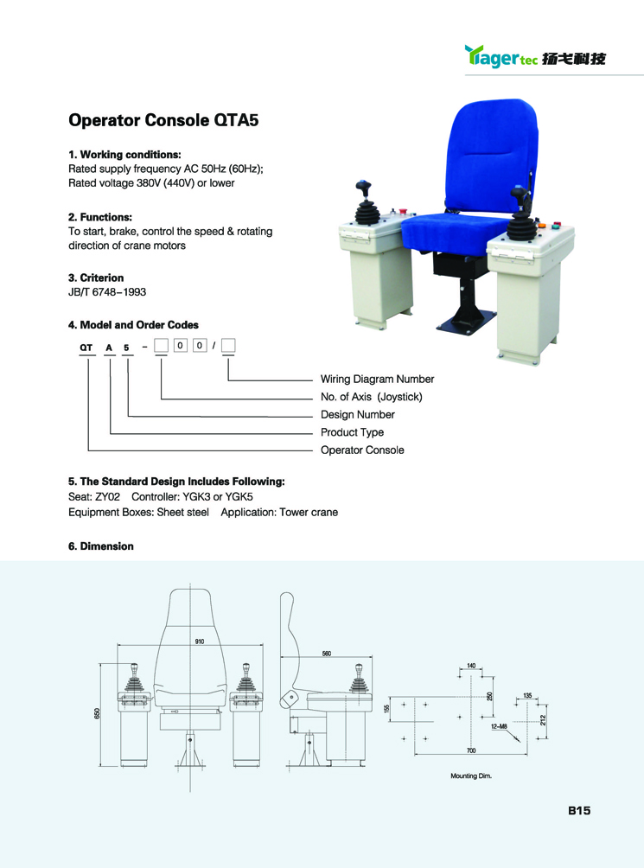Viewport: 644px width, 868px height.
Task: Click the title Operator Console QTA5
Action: pyautogui.click(x=163, y=120)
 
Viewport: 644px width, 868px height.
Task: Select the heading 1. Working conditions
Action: pyautogui.click(x=124, y=155)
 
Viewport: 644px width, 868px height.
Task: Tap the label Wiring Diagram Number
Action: pyautogui.click(x=377, y=379)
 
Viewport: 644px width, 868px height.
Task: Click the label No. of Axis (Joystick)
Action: pyautogui.click(x=371, y=397)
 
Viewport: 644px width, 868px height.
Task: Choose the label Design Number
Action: pyautogui.click(x=357, y=414)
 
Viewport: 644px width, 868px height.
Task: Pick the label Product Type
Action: pyautogui.click(x=352, y=432)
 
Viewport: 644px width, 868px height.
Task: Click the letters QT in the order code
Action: pyautogui.click(x=86, y=348)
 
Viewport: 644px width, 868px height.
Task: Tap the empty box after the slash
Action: pyautogui.click(x=228, y=348)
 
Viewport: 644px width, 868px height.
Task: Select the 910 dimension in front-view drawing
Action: pyautogui.click(x=200, y=642)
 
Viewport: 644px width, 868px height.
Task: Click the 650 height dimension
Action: pyautogui.click(x=98, y=712)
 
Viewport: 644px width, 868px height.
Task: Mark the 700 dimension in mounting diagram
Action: pyautogui.click(x=471, y=750)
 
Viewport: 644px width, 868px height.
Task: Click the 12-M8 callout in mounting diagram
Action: pyautogui.click(x=499, y=728)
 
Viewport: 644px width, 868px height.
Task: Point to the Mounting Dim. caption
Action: pyautogui.click(x=470, y=776)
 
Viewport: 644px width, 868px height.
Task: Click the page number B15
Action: pyautogui.click(x=578, y=811)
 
